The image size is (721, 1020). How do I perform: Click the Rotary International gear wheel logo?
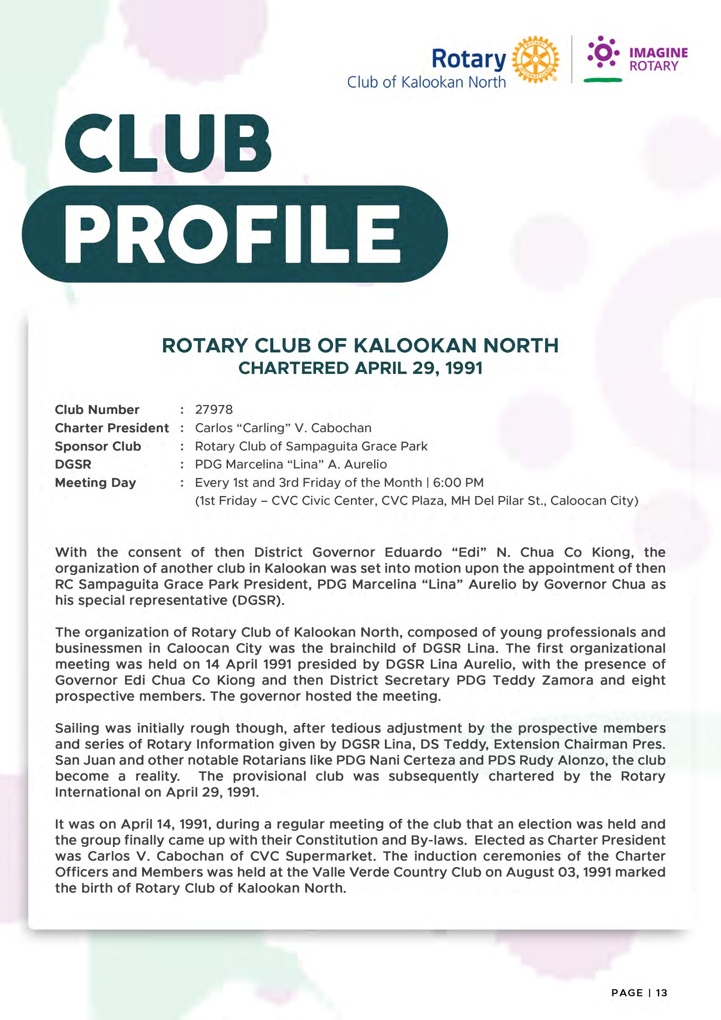point(535,59)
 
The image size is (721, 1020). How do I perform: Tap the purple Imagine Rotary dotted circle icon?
point(603,52)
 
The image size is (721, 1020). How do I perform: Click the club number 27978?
point(214,410)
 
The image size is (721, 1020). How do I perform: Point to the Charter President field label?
point(112,428)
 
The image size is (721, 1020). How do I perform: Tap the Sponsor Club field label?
point(98,446)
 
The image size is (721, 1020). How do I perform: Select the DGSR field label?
point(73,464)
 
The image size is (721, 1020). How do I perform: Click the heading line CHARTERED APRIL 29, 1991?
point(360,368)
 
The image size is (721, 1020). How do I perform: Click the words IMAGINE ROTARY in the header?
point(658,59)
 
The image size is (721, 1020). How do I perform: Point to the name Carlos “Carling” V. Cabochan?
point(283,428)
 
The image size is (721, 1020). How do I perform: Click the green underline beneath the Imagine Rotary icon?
point(603,80)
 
